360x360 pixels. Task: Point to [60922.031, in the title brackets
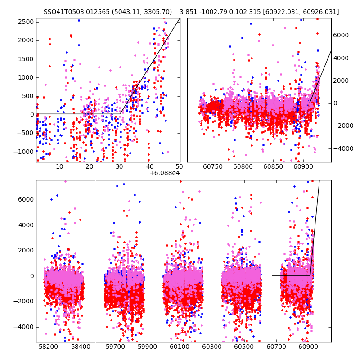[286, 12]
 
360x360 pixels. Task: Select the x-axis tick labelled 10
[59, 167]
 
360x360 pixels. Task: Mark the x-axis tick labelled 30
[120, 167]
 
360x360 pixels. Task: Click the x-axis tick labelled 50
[180, 167]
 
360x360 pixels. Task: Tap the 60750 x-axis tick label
[213, 167]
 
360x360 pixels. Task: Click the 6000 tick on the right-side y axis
[341, 35]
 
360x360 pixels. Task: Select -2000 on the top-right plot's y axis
[342, 126]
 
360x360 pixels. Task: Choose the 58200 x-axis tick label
[48, 347]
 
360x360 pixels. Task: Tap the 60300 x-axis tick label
[211, 347]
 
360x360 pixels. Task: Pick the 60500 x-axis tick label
[243, 347]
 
